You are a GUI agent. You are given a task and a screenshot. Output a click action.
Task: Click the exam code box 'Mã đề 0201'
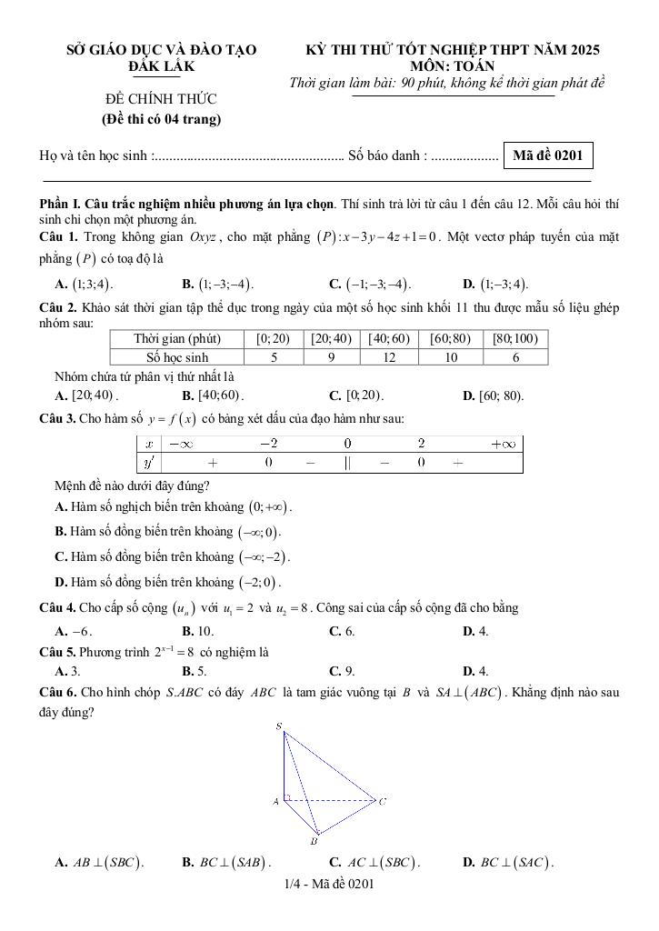(x=547, y=155)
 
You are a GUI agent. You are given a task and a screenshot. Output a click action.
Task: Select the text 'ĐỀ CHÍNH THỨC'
(x=161, y=98)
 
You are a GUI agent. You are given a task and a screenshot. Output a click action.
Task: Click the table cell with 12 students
(x=389, y=357)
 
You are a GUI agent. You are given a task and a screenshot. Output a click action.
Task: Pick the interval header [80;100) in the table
(x=514, y=338)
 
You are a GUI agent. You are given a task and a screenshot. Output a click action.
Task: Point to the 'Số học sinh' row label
(x=177, y=357)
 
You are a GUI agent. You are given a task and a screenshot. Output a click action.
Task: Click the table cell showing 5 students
(x=274, y=357)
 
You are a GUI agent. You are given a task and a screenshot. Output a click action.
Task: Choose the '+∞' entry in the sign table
(x=503, y=444)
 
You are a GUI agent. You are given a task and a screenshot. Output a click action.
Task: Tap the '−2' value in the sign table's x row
(x=269, y=444)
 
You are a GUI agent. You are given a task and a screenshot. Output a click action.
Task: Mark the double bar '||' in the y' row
(x=347, y=462)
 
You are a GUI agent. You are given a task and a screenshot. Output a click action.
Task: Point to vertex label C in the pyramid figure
(x=384, y=801)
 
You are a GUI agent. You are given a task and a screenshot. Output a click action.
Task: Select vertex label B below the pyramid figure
(x=314, y=842)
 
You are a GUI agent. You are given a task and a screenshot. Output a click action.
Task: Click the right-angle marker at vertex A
(x=287, y=797)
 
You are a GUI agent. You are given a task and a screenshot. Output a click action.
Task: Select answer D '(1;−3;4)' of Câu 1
(x=496, y=283)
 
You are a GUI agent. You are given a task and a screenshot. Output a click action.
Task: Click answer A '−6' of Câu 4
(x=74, y=630)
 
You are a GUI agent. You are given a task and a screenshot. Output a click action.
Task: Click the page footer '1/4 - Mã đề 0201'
(x=329, y=883)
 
